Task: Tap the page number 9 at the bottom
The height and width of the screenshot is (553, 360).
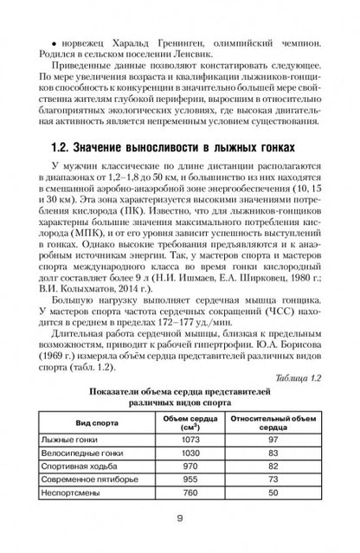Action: click(179, 519)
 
